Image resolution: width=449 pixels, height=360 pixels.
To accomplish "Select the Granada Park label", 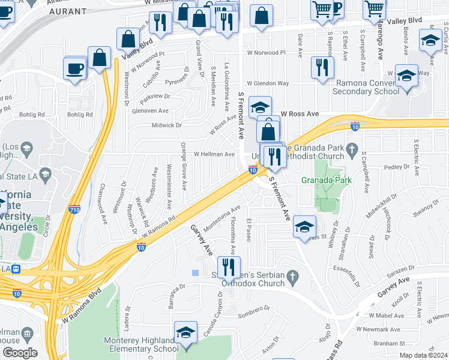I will pyautogui.click(x=327, y=180).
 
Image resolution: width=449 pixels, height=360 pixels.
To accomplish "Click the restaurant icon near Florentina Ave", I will pyautogui.click(x=228, y=266).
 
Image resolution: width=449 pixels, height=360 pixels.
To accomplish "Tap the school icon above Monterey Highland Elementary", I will pyautogui.click(x=186, y=332).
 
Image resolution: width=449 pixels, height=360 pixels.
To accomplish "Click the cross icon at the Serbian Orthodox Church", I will pyautogui.click(x=292, y=276).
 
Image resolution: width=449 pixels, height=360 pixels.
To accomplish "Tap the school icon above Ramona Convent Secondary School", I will pyautogui.click(x=406, y=76).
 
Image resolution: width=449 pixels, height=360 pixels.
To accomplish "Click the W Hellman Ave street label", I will pyautogui.click(x=214, y=154).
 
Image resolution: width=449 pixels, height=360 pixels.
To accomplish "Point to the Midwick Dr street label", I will pyautogui.click(x=167, y=125).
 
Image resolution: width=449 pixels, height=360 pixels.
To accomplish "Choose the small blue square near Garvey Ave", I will pyautogui.click(x=195, y=273).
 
